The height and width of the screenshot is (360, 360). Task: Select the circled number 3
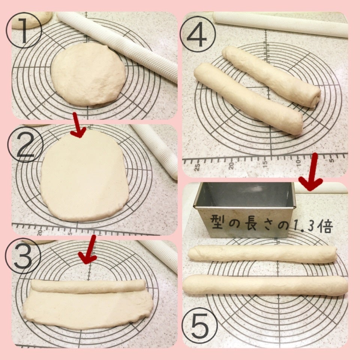(x=23, y=256)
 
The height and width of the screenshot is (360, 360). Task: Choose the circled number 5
(x=200, y=325)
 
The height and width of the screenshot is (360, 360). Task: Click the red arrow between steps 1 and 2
(x=78, y=125)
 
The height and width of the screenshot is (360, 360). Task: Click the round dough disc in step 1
(x=88, y=74)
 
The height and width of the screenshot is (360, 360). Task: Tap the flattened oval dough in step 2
(x=84, y=176)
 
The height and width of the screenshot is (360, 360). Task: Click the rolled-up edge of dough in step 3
(x=88, y=286)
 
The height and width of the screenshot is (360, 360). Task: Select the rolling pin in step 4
(x=280, y=24)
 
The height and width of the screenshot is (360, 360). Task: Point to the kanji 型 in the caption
(x=217, y=222)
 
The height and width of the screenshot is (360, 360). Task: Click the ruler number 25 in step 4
(x=197, y=167)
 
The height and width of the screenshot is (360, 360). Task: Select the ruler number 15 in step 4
(x=265, y=164)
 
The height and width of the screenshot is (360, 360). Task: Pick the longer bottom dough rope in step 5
(x=265, y=285)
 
